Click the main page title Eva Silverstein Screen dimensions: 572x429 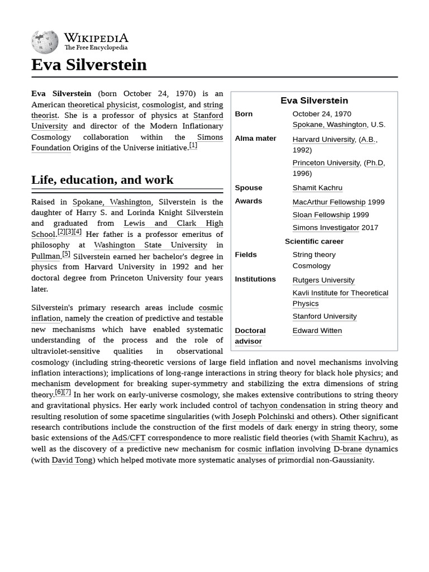89,65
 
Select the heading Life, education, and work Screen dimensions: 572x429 102,180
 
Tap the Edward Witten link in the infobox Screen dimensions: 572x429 317,331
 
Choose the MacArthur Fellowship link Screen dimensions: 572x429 328,202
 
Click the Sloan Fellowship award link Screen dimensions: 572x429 321,215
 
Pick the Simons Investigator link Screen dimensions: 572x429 326,228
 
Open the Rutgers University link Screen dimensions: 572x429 323,280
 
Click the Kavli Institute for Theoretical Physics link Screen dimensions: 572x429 340,298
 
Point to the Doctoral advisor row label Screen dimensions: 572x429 250,336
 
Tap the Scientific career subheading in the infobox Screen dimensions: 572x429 314,241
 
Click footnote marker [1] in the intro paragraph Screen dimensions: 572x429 193,146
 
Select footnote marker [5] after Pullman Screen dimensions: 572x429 66,254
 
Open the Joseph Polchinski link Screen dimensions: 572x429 263,417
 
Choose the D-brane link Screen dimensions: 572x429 347,449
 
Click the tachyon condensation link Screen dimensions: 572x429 288,406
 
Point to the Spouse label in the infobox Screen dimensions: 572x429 248,188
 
